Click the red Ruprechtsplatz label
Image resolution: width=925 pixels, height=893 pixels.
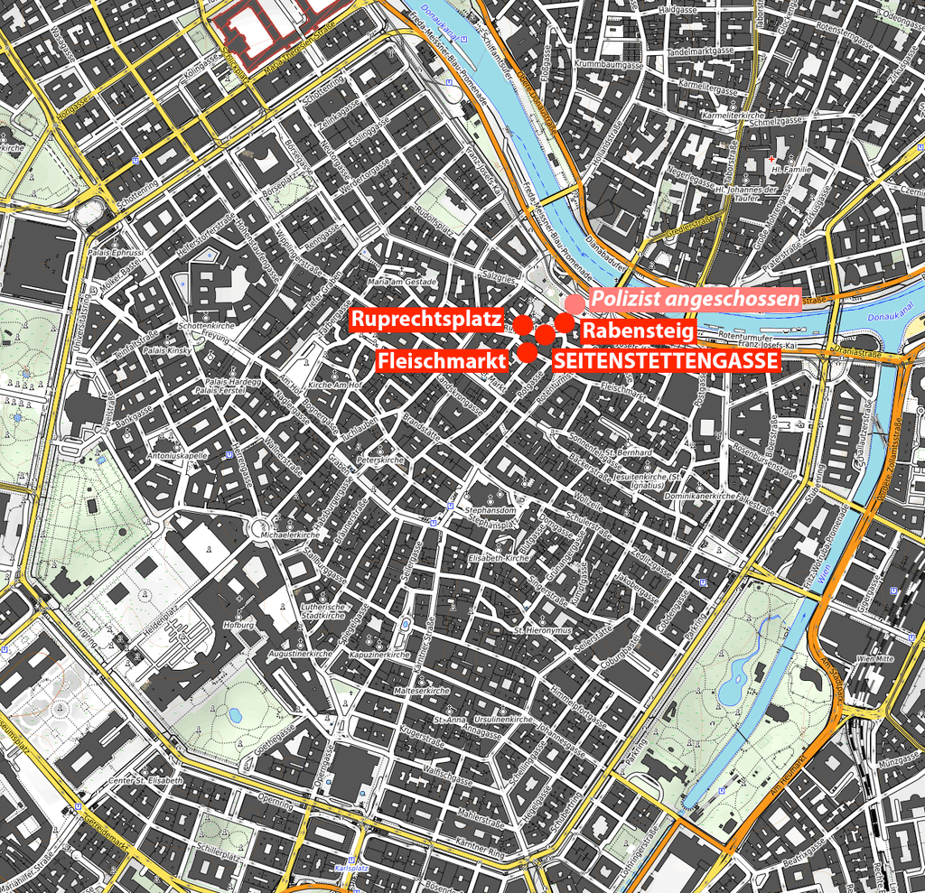click(x=428, y=319)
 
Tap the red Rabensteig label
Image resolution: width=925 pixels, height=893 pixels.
click(x=638, y=331)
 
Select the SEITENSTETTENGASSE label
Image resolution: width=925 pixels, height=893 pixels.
click(x=666, y=361)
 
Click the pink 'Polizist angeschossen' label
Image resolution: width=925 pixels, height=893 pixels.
click(x=695, y=298)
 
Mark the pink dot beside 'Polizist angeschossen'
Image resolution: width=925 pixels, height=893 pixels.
click(x=575, y=302)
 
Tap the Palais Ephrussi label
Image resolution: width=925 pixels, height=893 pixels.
click(x=111, y=254)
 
